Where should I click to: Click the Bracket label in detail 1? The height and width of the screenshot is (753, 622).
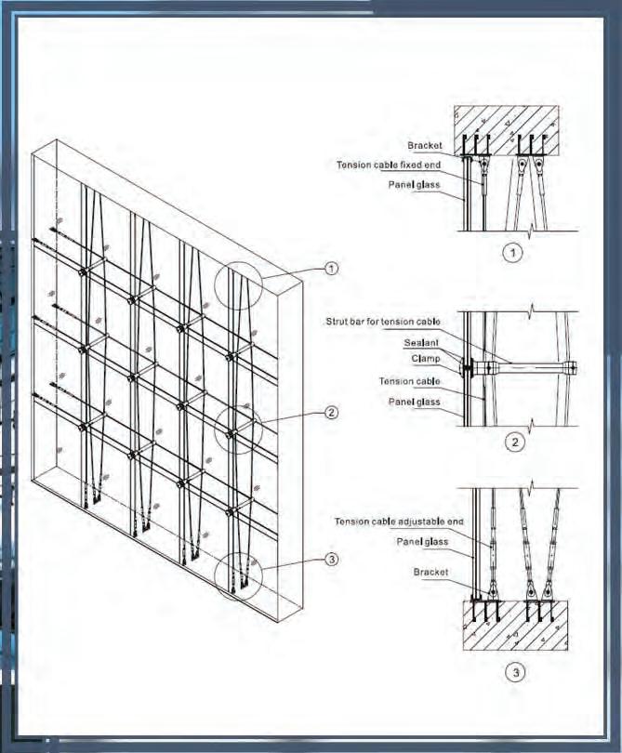[424, 146]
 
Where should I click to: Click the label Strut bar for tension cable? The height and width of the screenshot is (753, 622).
[377, 322]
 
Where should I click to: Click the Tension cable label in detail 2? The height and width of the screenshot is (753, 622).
[409, 381]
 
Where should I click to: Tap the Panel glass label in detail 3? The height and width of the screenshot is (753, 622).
[422, 541]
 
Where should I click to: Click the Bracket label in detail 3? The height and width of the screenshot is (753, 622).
[430, 573]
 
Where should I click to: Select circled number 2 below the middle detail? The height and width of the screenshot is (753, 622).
[513, 442]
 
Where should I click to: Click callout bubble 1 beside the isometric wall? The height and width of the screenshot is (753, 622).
[332, 268]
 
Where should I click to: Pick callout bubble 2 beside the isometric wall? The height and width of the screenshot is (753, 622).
[331, 413]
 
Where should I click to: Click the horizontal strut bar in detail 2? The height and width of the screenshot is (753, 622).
[525, 367]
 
